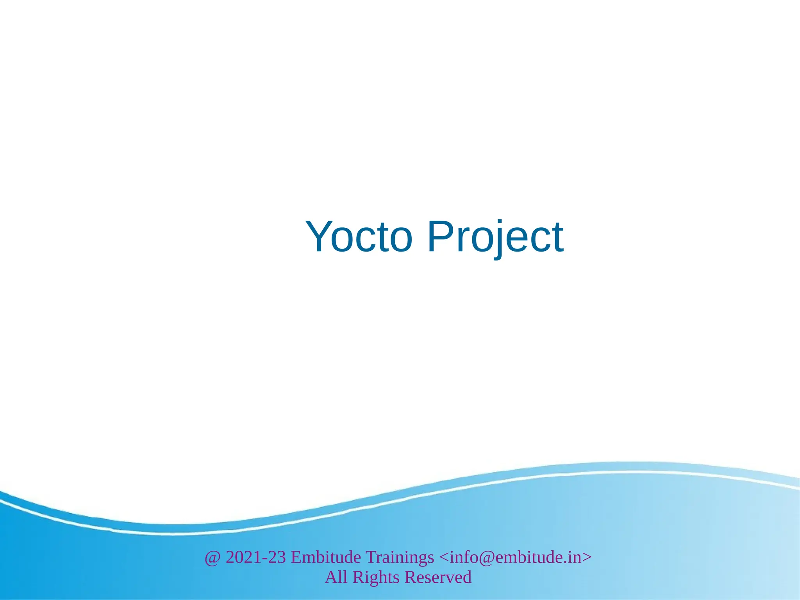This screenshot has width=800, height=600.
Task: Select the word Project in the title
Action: coord(495,237)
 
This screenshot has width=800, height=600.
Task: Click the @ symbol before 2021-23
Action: coord(212,557)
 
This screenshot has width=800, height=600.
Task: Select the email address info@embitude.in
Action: coord(515,557)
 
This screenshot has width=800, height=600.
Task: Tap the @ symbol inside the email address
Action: coord(491,557)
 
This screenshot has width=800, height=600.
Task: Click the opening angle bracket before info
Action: coord(444,557)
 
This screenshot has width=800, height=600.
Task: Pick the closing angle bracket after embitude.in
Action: coord(587,557)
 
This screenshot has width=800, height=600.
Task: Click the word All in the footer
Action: coord(336,577)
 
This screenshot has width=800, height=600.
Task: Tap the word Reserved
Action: coord(437,577)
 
